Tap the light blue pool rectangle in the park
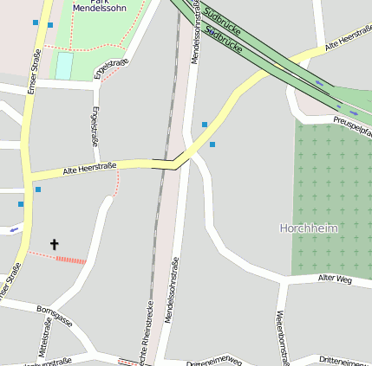click(x=63, y=66)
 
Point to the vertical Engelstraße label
click(x=95, y=126)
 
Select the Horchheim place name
click(x=308, y=228)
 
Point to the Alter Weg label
click(x=335, y=279)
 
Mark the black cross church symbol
click(x=55, y=245)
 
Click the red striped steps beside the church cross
click(x=71, y=260)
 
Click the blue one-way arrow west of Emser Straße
click(x=13, y=230)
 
